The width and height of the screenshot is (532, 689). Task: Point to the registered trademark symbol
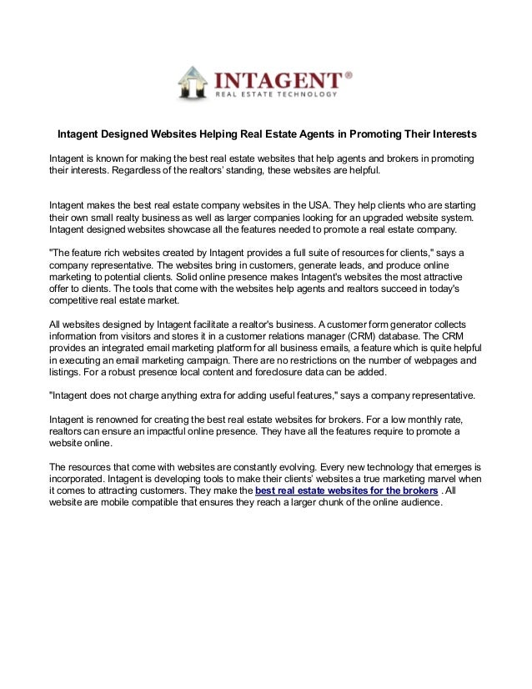(x=349, y=74)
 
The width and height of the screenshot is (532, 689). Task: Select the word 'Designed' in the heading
(x=132, y=134)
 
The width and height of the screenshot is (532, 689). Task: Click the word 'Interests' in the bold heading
(x=449, y=134)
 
